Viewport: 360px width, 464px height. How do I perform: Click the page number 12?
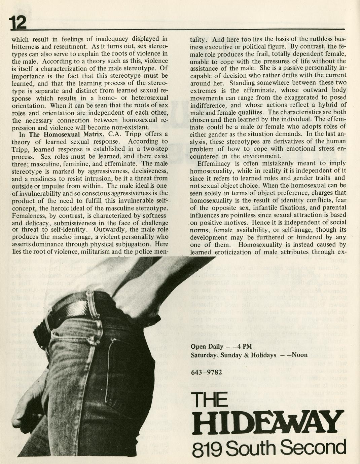tap(17, 23)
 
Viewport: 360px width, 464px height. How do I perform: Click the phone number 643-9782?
tap(206, 372)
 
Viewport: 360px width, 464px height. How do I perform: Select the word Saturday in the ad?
tap(203, 355)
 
